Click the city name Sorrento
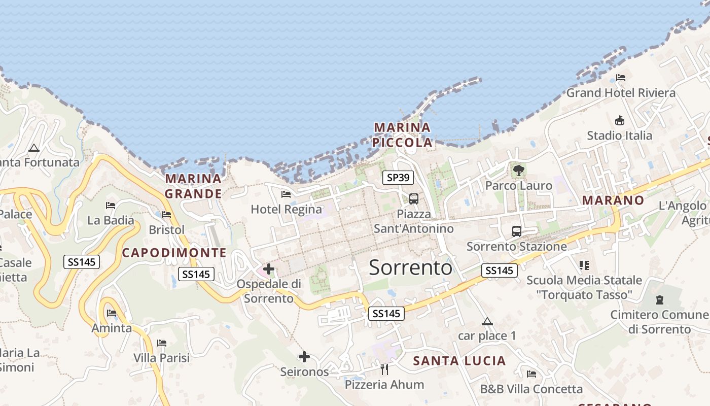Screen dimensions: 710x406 410,267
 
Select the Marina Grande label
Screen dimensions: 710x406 193,186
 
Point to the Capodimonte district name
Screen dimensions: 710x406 174,252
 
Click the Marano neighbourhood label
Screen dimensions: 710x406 613,200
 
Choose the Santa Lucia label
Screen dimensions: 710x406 459,361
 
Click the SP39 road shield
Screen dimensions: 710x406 398,177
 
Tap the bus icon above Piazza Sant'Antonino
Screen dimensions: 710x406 413,198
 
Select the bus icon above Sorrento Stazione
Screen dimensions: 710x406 516,231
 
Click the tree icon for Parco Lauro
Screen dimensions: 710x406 518,170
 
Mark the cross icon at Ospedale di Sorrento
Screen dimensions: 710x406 269,269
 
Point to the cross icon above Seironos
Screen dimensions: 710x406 304,357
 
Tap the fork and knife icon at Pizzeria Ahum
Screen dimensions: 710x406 384,369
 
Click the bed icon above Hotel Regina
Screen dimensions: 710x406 286,194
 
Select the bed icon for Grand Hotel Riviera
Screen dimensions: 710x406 620,78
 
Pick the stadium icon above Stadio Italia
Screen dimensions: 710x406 619,121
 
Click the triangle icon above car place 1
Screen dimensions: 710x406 487,321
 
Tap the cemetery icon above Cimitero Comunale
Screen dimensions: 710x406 659,300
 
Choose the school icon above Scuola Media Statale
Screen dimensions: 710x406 584,265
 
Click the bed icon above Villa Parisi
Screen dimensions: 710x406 162,343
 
